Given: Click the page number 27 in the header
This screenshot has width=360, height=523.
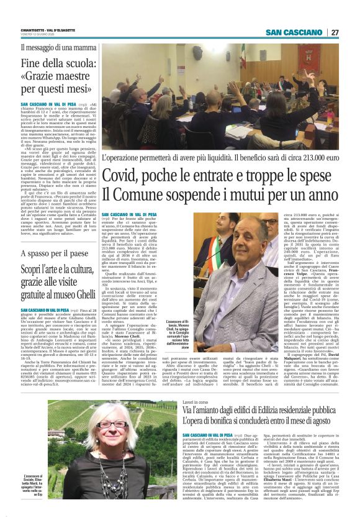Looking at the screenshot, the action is tap(335, 32).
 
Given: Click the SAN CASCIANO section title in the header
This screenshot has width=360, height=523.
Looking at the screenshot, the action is tap(294, 32).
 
